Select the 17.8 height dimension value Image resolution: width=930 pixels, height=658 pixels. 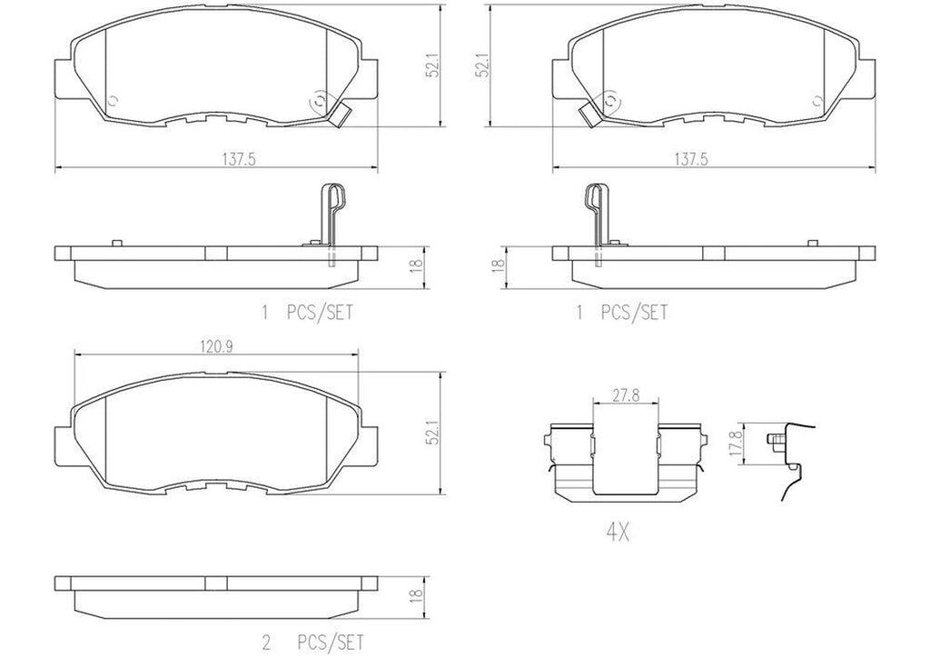[737, 444]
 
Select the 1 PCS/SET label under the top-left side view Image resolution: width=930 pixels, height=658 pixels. [306, 313]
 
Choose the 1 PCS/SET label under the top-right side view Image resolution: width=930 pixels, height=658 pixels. [623, 313]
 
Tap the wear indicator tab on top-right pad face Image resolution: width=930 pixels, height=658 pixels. [589, 115]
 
